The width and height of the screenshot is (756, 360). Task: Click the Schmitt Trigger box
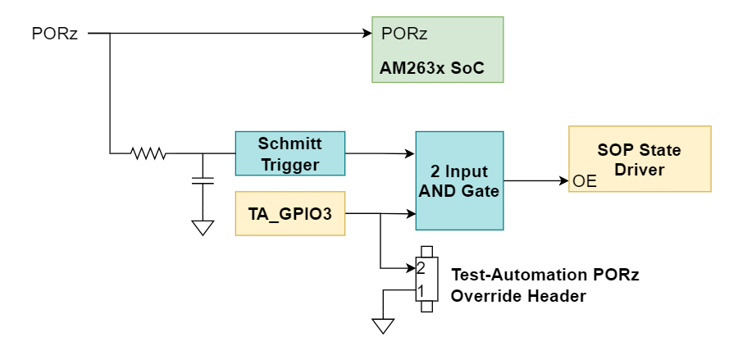pyautogui.click(x=289, y=153)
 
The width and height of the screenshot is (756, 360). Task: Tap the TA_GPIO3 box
pyautogui.click(x=289, y=213)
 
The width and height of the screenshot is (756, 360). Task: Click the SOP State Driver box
pyautogui.click(x=640, y=159)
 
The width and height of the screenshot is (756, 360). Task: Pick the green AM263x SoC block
pyautogui.click(x=437, y=49)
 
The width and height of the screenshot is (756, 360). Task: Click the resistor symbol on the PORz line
pyautogui.click(x=148, y=153)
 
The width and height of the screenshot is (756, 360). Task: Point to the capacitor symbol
pyautogui.click(x=202, y=180)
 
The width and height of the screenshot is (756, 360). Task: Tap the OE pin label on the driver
pyautogui.click(x=585, y=181)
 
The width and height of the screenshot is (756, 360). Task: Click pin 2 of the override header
pyautogui.click(x=421, y=268)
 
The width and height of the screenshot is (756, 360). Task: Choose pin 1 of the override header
pyautogui.click(x=421, y=290)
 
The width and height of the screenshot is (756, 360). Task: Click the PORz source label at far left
pyautogui.click(x=54, y=34)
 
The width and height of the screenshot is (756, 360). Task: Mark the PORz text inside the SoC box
pyautogui.click(x=404, y=34)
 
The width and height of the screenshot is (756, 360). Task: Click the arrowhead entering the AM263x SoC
pyautogui.click(x=367, y=34)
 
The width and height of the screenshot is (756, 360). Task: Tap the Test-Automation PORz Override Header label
pyautogui.click(x=544, y=285)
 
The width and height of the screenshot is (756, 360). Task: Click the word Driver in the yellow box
pyautogui.click(x=639, y=169)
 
